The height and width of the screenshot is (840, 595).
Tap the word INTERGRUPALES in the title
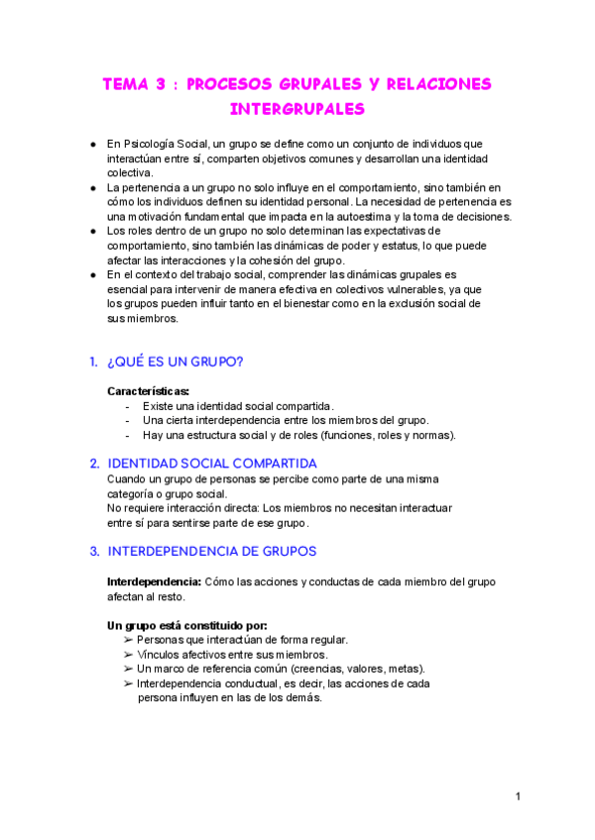[297, 108]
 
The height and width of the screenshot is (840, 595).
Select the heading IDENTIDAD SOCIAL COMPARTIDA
[211, 463]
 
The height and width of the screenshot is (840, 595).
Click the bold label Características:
[149, 390]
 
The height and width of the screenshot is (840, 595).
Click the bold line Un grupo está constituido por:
[186, 625]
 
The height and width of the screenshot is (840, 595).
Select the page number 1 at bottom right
[518, 796]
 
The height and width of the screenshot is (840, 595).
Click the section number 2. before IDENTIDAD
[94, 463]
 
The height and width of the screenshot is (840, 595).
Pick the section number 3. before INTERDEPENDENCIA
[94, 550]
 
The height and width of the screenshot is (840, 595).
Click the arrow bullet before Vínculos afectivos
[128, 655]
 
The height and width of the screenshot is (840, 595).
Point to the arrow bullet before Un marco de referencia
[128, 669]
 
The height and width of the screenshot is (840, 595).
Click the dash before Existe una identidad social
[128, 406]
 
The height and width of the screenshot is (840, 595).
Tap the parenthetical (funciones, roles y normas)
[386, 435]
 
